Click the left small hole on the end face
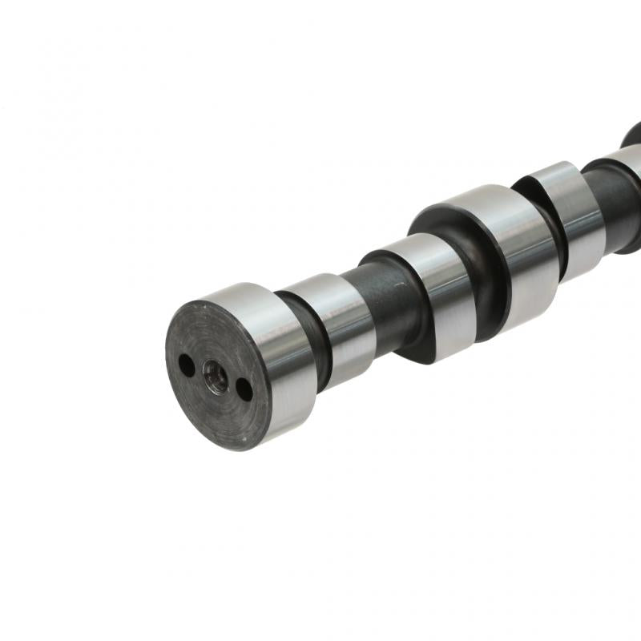(186, 365)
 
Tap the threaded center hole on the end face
(215, 375)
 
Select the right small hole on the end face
(244, 389)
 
